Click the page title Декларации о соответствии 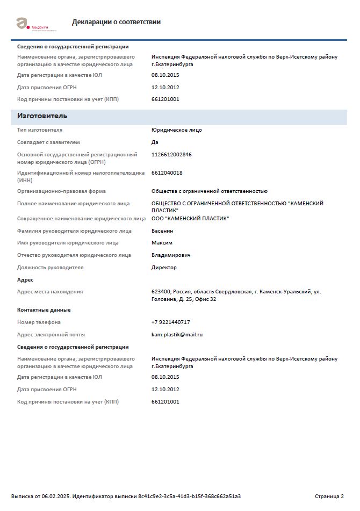point(116,22)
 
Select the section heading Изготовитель point(42,116)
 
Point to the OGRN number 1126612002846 point(171,155)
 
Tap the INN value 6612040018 point(167,173)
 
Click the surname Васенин point(162,231)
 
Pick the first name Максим point(162,243)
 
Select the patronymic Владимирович point(171,255)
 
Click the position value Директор point(164,268)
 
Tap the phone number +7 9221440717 point(170,322)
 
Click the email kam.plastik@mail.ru point(177,335)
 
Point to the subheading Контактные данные point(44,310)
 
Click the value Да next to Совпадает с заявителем point(155,142)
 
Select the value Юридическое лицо point(177,130)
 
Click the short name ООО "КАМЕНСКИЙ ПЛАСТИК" point(190,219)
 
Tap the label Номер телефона point(39,322)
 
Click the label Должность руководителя point(51,268)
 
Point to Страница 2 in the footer point(329,496)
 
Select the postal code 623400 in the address point(161,292)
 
